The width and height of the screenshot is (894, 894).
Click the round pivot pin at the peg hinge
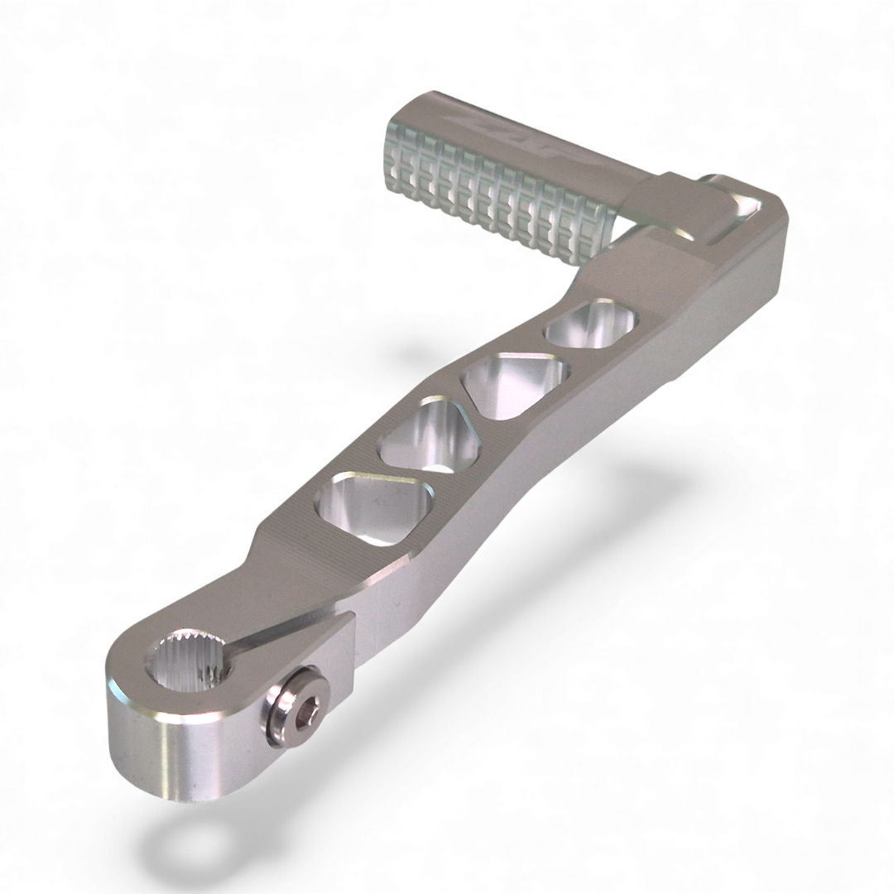[x=712, y=180]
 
